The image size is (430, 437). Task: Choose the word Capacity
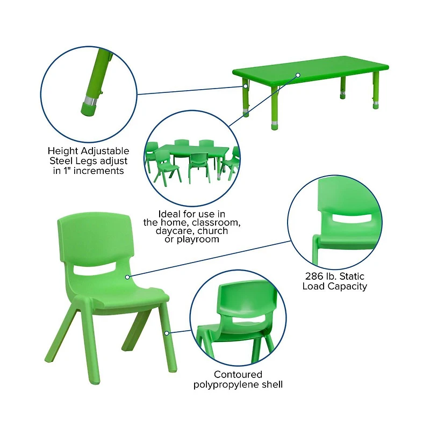349,286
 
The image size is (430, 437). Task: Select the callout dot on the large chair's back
128,276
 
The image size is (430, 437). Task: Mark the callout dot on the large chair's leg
167,333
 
